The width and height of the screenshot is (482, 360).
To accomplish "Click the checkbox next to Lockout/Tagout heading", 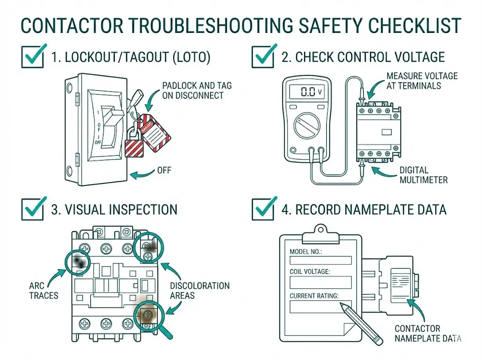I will pyautogui.click(x=32, y=57).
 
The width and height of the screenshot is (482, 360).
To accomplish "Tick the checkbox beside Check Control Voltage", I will pyautogui.click(x=263, y=57).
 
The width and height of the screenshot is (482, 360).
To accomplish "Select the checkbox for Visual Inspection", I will pyautogui.click(x=32, y=209).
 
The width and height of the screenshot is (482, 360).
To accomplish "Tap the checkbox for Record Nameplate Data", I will pyautogui.click(x=263, y=209).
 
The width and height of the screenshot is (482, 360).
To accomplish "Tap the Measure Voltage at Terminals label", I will pyautogui.click(x=422, y=81).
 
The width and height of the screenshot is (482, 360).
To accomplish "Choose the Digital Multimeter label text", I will pyautogui.click(x=420, y=175).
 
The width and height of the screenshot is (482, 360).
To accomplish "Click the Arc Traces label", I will pyautogui.click(x=43, y=291).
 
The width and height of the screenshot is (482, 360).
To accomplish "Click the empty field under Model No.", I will pyautogui.click(x=321, y=260).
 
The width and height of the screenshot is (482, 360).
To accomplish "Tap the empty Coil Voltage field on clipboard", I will pyautogui.click(x=321, y=282).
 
